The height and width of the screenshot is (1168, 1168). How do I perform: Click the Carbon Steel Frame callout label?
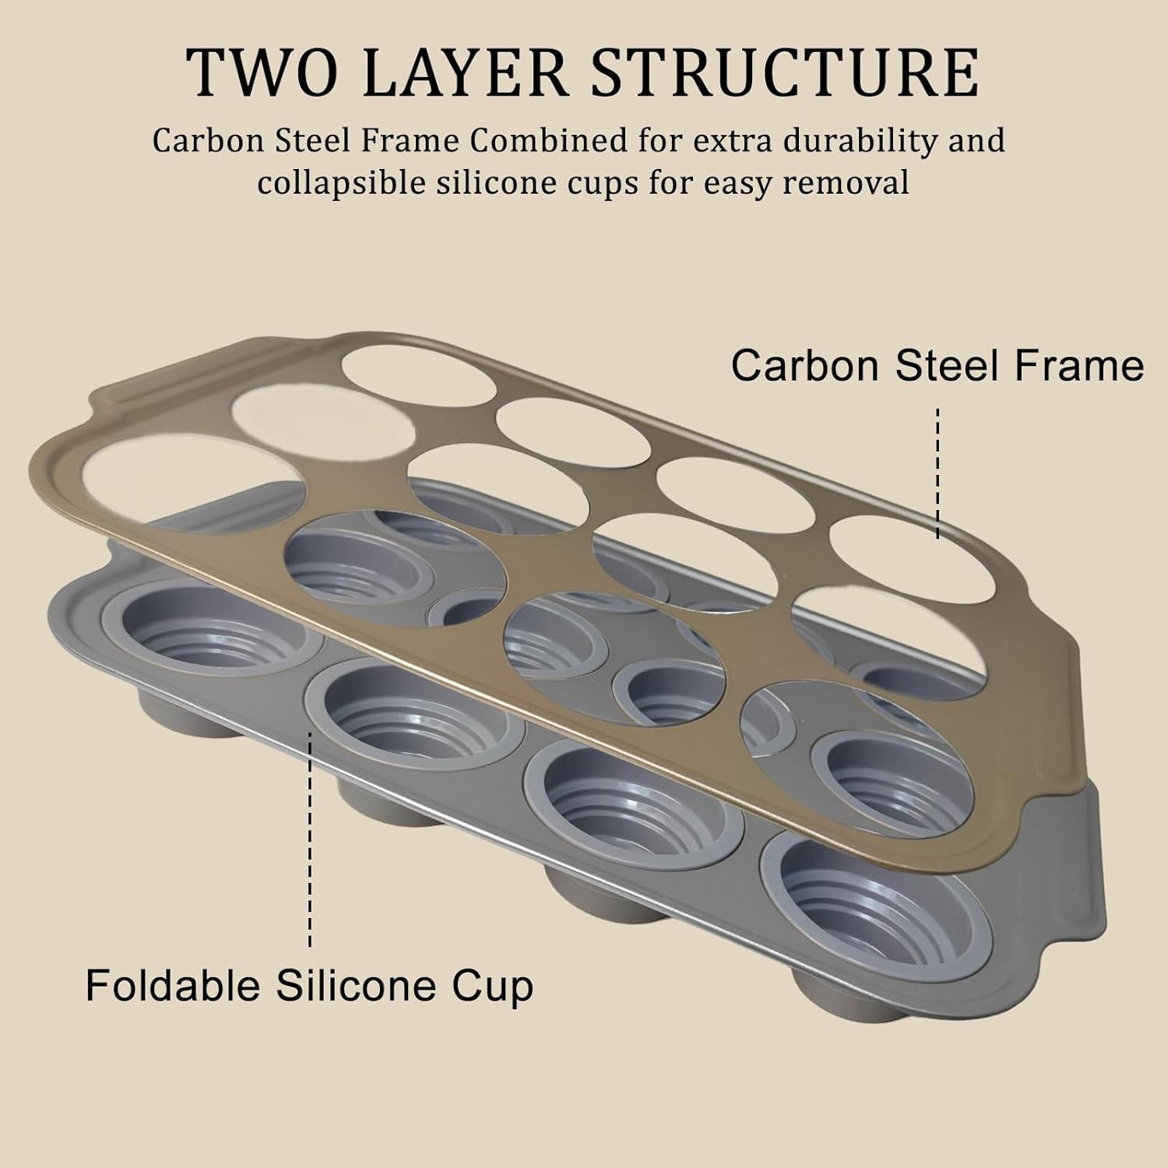937,364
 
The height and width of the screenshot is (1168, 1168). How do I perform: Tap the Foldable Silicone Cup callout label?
309,985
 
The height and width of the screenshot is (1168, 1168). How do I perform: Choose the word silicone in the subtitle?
494,184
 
